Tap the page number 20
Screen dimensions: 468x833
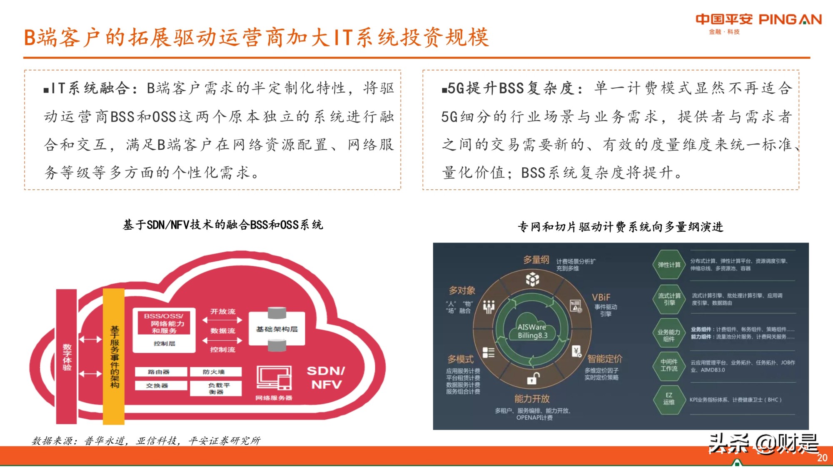tap(822, 458)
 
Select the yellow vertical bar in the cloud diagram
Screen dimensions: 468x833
tap(114, 356)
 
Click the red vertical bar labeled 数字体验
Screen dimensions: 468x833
tap(67, 356)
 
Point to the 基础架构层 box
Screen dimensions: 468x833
tap(277, 329)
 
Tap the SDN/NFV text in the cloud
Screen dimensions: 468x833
tap(326, 377)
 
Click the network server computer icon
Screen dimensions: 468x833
tap(274, 378)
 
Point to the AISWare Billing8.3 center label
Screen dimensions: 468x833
tap(532, 331)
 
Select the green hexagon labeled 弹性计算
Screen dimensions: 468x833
tap(669, 265)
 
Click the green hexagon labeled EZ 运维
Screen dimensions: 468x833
tap(668, 399)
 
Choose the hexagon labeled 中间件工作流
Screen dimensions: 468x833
tap(668, 365)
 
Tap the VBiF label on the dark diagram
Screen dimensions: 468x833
tap(601, 297)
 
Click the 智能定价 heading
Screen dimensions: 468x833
tap(604, 359)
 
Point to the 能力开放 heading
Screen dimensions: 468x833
tap(532, 399)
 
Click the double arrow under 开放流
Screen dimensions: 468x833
tap(222, 320)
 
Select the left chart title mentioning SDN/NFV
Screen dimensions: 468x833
tap(223, 225)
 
